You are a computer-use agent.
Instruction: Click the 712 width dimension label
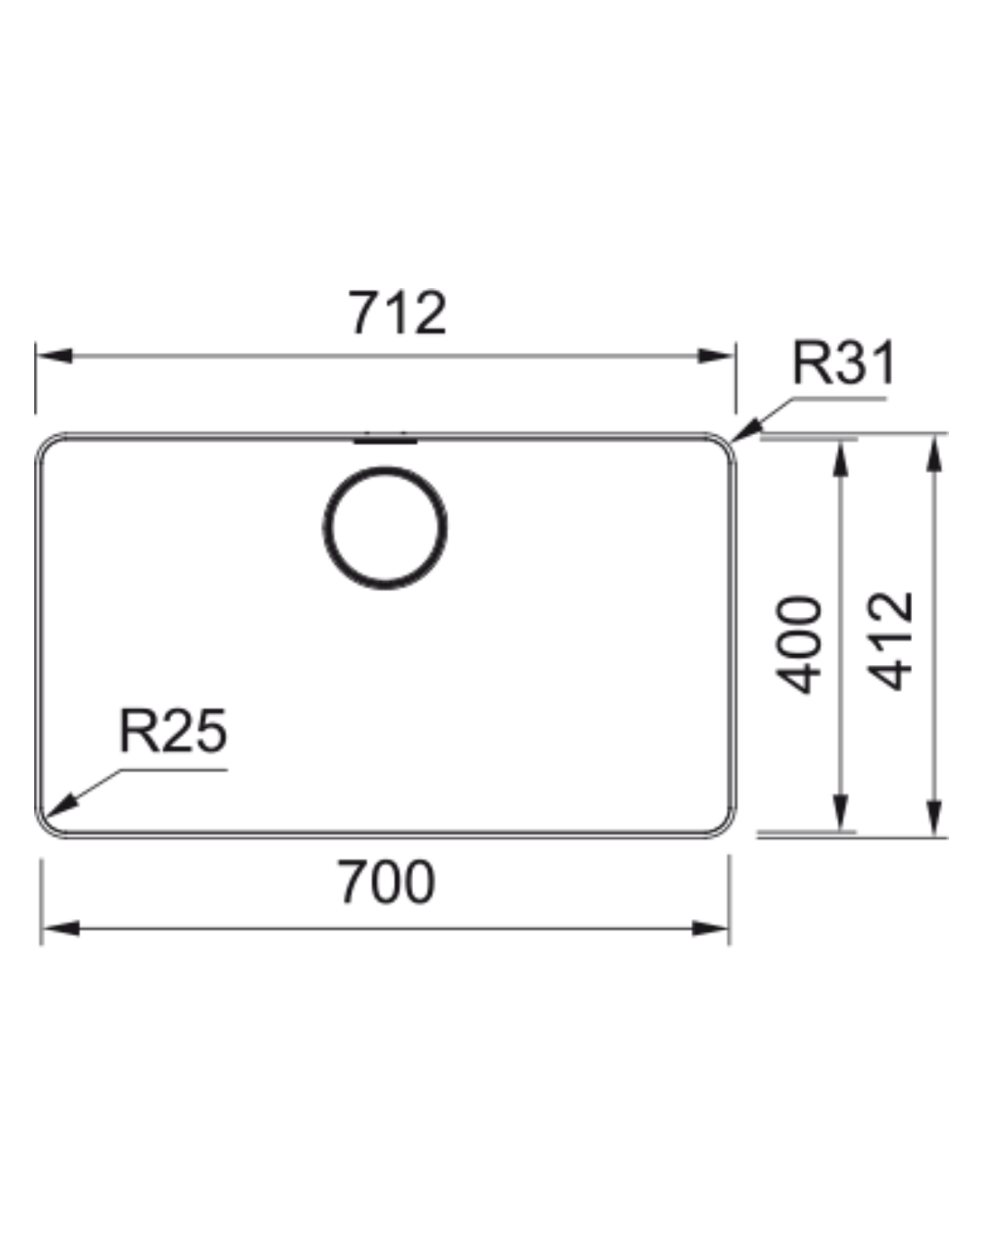[397, 312]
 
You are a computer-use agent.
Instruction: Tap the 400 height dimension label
[798, 644]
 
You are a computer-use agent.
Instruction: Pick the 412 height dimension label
[890, 641]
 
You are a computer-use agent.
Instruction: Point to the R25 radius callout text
[173, 730]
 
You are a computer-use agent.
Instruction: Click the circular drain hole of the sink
[385, 527]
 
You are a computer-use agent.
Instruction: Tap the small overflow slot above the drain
[385, 441]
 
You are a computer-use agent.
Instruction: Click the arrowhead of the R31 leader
[746, 430]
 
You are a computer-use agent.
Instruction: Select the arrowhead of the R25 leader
[60, 805]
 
